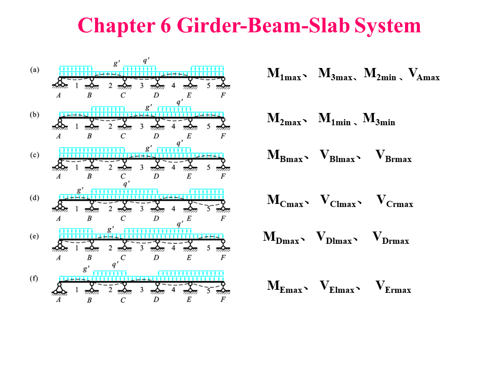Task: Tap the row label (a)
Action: [35, 70]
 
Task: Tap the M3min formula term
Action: [378, 120]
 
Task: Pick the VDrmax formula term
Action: [390, 238]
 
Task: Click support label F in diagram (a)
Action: [223, 95]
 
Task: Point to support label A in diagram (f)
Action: [58, 300]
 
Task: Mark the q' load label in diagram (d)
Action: [126, 183]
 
